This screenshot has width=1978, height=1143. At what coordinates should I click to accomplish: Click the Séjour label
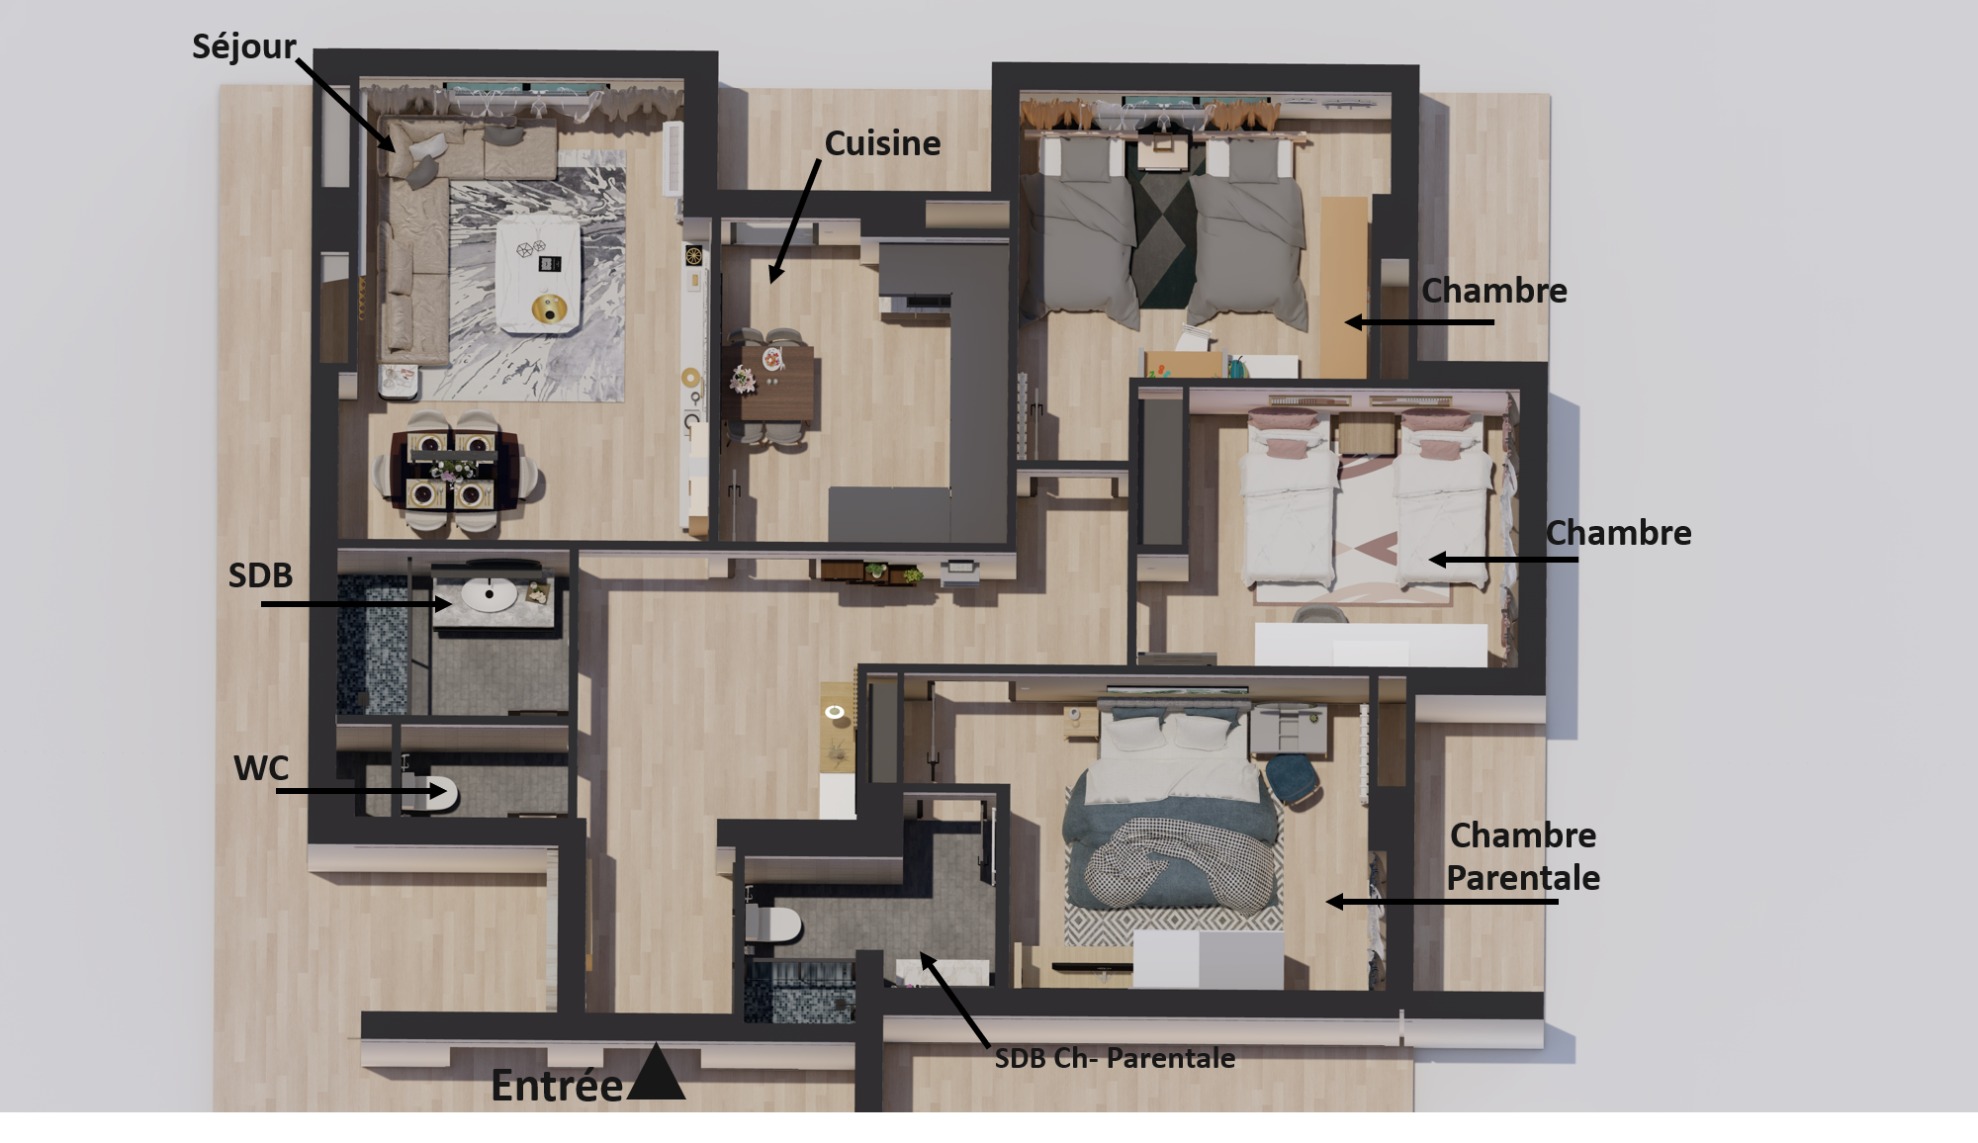click(x=243, y=47)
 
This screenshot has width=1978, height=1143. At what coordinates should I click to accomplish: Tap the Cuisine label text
click(x=882, y=143)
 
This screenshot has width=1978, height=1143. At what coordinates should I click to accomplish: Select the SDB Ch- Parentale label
click(x=1115, y=1058)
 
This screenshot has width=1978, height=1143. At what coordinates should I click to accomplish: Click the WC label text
click(x=261, y=768)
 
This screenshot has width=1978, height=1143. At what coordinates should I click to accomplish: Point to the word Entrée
click(x=557, y=1086)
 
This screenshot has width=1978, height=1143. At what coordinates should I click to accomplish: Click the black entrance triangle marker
click(x=656, y=1075)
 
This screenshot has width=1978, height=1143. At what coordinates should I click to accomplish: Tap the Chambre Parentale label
click(x=1523, y=856)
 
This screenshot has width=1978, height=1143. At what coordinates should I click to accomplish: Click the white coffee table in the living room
click(x=538, y=274)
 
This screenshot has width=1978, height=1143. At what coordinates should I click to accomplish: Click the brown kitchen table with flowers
click(x=770, y=382)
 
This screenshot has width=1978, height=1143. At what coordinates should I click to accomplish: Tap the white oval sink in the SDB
click(x=489, y=594)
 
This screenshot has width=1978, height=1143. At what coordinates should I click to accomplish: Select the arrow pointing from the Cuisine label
click(x=794, y=222)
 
